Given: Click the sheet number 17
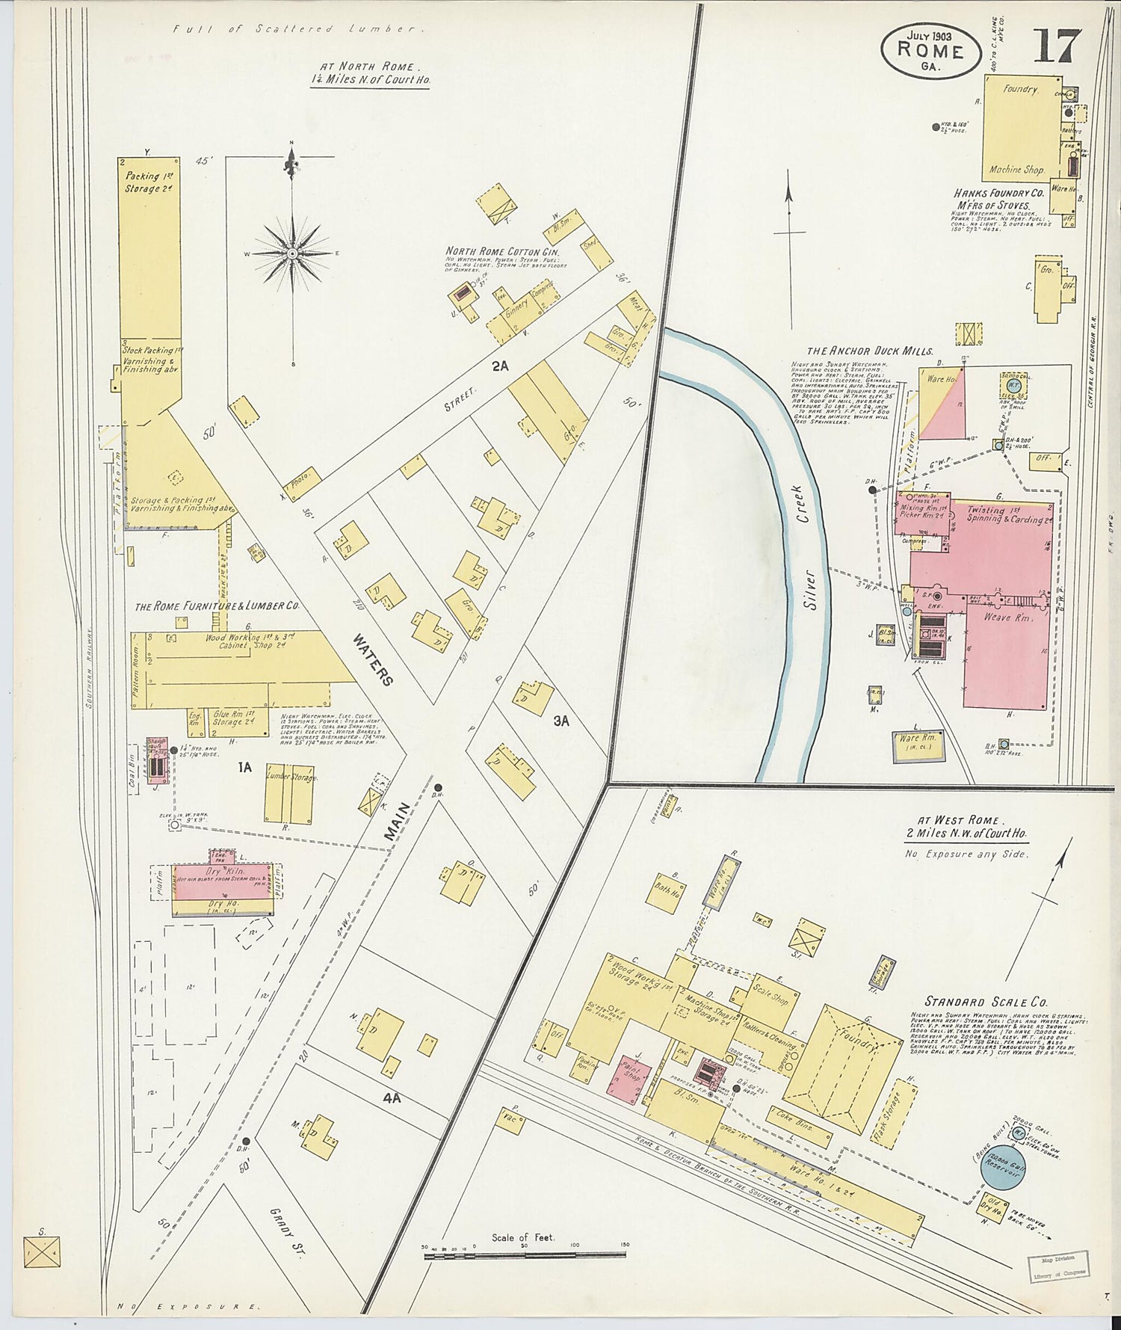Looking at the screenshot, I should (x=1057, y=46).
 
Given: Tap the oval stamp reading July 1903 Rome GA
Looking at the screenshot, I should (x=930, y=50).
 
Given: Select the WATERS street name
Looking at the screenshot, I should (x=373, y=659).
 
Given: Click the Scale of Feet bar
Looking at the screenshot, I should (x=523, y=1256).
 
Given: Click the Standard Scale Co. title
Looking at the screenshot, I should (x=986, y=1002).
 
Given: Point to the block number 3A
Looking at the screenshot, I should (x=561, y=721).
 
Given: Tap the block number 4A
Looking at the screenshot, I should (x=392, y=1099).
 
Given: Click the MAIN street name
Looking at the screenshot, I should (x=398, y=824).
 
